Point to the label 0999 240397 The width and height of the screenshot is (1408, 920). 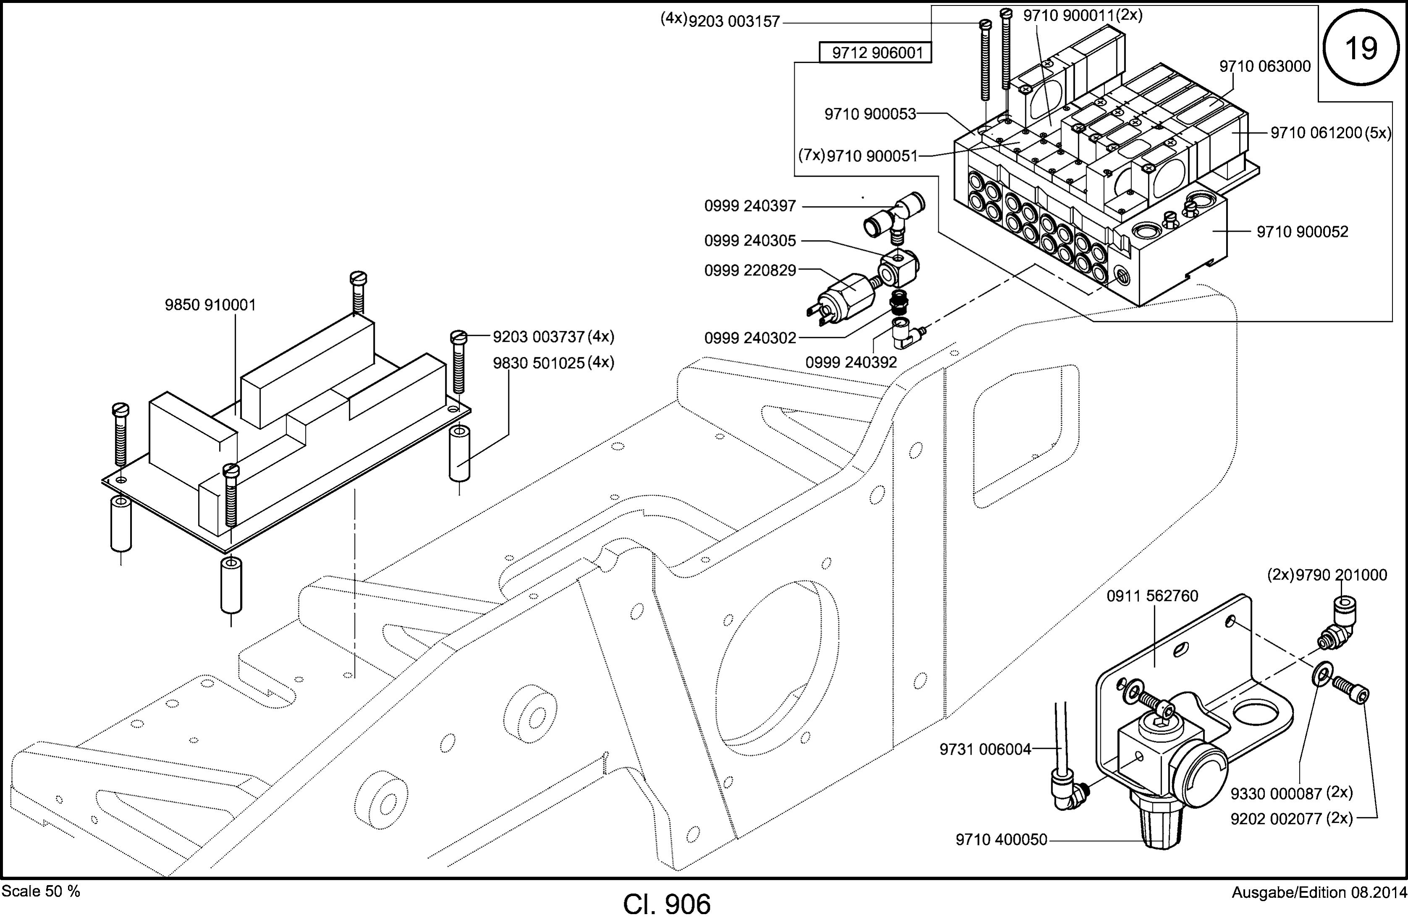click(750, 206)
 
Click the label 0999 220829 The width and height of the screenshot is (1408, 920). click(750, 270)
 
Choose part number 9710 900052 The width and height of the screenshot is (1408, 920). click(1303, 231)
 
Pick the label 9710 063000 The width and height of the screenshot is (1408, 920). click(1265, 66)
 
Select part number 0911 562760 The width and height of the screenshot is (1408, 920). click(1152, 596)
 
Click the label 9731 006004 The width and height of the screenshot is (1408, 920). click(986, 749)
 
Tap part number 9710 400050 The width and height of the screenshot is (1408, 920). click(1002, 839)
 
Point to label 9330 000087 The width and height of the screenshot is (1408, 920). click(1276, 793)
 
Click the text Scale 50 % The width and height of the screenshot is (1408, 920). click(41, 891)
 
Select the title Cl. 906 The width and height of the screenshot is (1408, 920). click(667, 904)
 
